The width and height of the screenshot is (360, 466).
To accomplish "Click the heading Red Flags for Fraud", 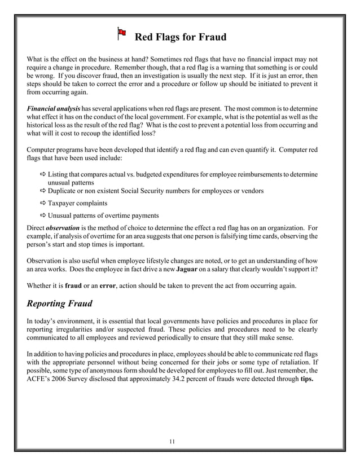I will pyautogui.click(x=180, y=37).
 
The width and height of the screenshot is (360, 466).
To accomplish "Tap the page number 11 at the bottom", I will pyautogui.click(x=172, y=441).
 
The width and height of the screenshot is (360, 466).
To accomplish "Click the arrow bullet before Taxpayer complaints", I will pyautogui.click(x=43, y=203).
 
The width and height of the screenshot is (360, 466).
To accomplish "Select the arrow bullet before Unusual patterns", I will pyautogui.click(x=43, y=216).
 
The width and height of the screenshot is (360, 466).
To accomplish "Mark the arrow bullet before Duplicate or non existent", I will pyautogui.click(x=43, y=191).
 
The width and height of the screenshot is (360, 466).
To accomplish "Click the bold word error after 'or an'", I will pyautogui.click(x=108, y=285).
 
